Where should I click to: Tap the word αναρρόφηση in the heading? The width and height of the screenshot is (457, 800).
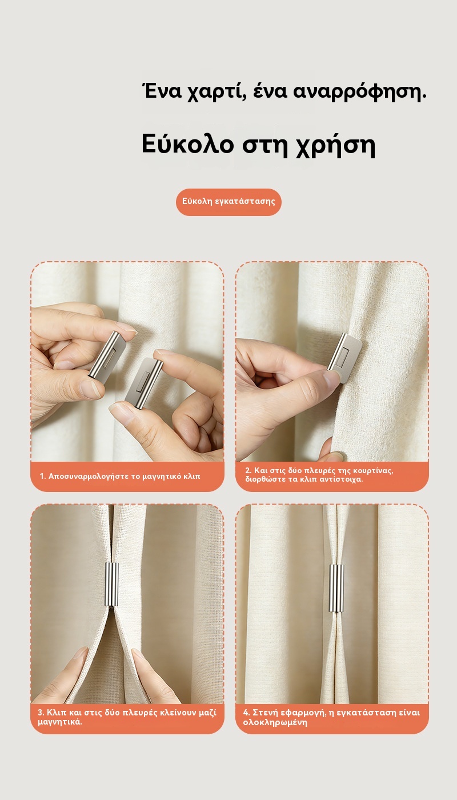pyautogui.click(x=359, y=92)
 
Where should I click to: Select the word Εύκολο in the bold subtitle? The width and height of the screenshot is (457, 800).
pyautogui.click(x=188, y=144)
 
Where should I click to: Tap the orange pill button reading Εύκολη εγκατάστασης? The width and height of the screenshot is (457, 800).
pyautogui.click(x=228, y=202)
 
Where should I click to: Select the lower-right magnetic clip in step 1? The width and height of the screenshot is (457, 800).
pyautogui.click(x=143, y=384)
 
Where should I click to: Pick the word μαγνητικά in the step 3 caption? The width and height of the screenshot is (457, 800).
pyautogui.click(x=60, y=722)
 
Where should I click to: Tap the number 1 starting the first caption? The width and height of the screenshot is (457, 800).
pyautogui.click(x=42, y=476)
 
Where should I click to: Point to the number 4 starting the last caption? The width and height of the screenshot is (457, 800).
pyautogui.click(x=246, y=713)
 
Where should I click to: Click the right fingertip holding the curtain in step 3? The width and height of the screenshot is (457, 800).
pyautogui.click(x=137, y=654)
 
